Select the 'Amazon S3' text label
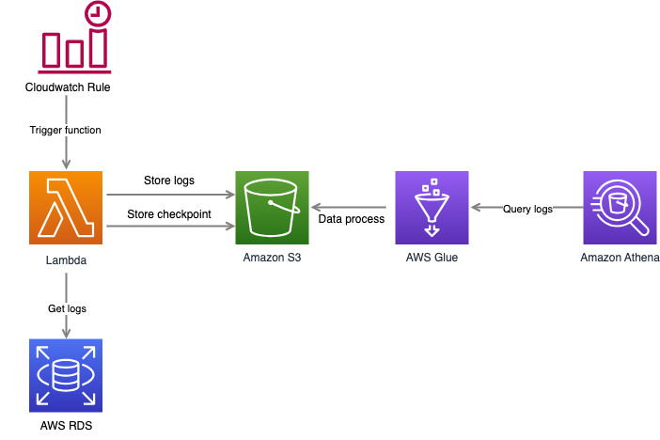pos(273,258)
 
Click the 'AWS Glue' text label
pos(432,258)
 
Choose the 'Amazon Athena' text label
pos(620,258)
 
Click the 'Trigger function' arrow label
pos(66,130)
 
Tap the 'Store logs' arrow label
pos(169,181)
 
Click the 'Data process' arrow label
pos(352,219)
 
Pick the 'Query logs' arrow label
pos(526,209)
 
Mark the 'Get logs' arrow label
pos(66,308)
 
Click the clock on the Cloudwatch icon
pos(95,14)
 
